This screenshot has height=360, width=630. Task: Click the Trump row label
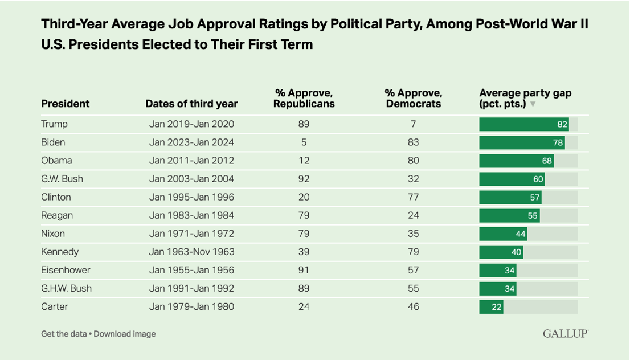tap(54, 124)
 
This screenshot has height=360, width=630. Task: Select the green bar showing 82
tap(524, 124)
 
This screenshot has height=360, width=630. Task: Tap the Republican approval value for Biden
tap(304, 142)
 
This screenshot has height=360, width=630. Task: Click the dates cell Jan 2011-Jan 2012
tap(191, 161)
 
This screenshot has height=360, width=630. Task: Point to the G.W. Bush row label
tap(62, 179)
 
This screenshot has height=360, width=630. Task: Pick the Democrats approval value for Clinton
tap(414, 197)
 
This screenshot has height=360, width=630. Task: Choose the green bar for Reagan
tap(509, 215)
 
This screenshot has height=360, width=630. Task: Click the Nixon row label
tap(53, 234)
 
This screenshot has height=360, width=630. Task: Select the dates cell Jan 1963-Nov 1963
tap(191, 252)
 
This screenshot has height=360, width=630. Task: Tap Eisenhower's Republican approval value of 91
tap(304, 270)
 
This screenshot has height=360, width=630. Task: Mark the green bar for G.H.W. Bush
tap(498, 288)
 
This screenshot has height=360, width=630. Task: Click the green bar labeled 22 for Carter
tap(491, 306)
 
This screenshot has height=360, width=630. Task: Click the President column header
tap(65, 104)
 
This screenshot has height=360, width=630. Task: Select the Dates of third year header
tap(191, 104)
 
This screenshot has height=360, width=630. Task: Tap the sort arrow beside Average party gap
tap(533, 105)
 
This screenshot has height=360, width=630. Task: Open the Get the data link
tap(64, 334)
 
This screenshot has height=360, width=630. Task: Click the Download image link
tap(125, 334)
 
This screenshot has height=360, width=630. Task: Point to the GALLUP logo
tap(565, 334)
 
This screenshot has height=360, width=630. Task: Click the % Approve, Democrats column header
tap(414, 98)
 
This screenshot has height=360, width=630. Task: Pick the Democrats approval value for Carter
tap(414, 306)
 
